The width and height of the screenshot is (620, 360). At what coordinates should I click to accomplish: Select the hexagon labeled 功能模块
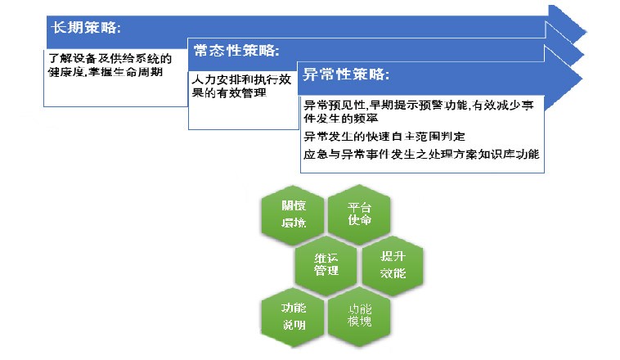point(360,313)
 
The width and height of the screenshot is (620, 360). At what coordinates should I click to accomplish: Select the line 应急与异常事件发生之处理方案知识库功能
point(421,153)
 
